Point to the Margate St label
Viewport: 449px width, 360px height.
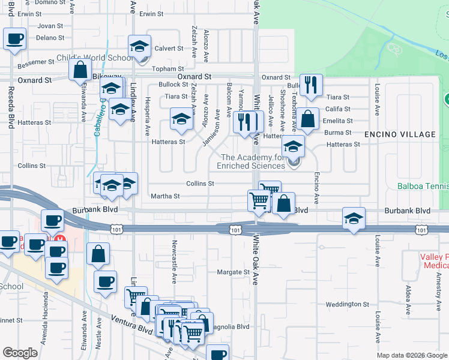[233, 272]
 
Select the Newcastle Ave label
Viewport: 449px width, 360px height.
[174, 261]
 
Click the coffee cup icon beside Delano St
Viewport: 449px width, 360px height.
[14, 39]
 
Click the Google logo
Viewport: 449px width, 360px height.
[20, 353]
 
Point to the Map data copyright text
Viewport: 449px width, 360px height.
[412, 355]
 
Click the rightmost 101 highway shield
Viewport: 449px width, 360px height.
[423, 230]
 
